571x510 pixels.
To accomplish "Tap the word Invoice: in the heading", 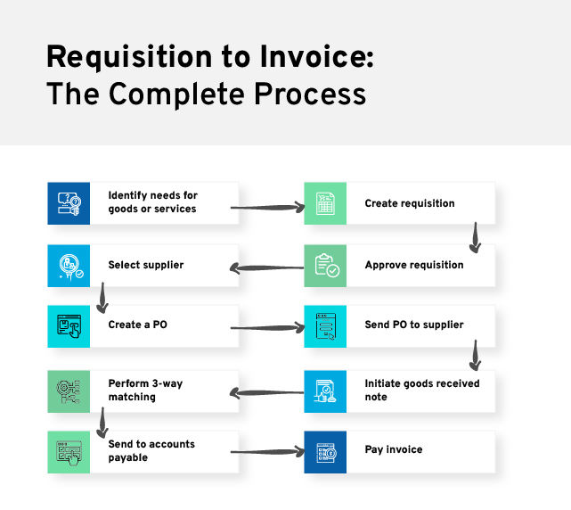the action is pyautogui.click(x=317, y=56).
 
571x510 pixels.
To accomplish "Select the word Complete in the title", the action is pyautogui.click(x=176, y=95).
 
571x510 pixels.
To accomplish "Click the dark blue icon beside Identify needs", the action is pyautogui.click(x=69, y=203).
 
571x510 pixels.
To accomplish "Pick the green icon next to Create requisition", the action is pyautogui.click(x=325, y=203).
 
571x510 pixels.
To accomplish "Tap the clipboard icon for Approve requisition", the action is pyautogui.click(x=325, y=266).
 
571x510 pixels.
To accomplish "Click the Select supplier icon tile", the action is pyautogui.click(x=69, y=266).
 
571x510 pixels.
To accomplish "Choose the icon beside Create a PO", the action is pyautogui.click(x=69, y=326).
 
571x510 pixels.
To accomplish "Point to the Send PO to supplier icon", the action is pyautogui.click(x=325, y=326).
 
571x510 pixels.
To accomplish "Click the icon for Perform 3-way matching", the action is pyautogui.click(x=69, y=391).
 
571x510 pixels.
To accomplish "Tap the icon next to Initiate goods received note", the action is pyautogui.click(x=325, y=391).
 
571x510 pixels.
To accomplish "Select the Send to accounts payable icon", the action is pyautogui.click(x=69, y=452).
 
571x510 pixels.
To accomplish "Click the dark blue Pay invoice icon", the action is pyautogui.click(x=325, y=452).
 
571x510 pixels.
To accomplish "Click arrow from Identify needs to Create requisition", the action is pyautogui.click(x=267, y=208).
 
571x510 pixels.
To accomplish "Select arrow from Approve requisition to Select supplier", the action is pyautogui.click(x=266, y=268).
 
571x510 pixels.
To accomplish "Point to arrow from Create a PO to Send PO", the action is pyautogui.click(x=267, y=328).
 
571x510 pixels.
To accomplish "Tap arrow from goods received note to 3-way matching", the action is pyautogui.click(x=266, y=393).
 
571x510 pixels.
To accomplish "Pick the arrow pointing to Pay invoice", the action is pyautogui.click(x=267, y=452).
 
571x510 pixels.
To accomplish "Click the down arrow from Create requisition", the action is pyautogui.click(x=475, y=238).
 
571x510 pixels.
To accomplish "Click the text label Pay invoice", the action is pyautogui.click(x=394, y=450).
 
